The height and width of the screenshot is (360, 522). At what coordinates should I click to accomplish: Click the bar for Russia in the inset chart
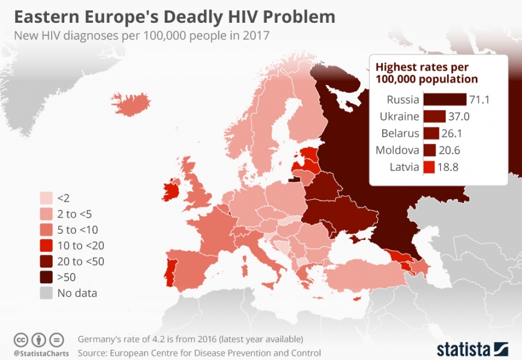[x=445, y=100]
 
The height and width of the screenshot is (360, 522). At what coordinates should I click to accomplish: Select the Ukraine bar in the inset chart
[x=434, y=116]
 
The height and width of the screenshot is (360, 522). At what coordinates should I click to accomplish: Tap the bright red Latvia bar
[x=428, y=167]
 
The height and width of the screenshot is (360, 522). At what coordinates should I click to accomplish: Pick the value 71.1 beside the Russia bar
[x=480, y=100]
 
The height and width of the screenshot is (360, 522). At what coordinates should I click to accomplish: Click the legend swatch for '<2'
[x=46, y=197]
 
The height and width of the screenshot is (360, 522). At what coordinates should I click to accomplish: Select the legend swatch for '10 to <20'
[x=46, y=245]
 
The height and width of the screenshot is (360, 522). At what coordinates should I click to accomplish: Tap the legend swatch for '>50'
[x=46, y=277]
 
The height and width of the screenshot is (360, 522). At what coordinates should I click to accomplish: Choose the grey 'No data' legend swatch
[x=46, y=293]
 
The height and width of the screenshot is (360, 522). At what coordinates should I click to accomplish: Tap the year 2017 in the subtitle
[x=254, y=35]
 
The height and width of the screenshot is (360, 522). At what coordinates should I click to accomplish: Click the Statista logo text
[x=463, y=349]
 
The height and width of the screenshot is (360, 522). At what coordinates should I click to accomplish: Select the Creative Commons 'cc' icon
[x=22, y=340]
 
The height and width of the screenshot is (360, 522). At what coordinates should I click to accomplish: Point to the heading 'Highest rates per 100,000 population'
[x=427, y=73]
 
